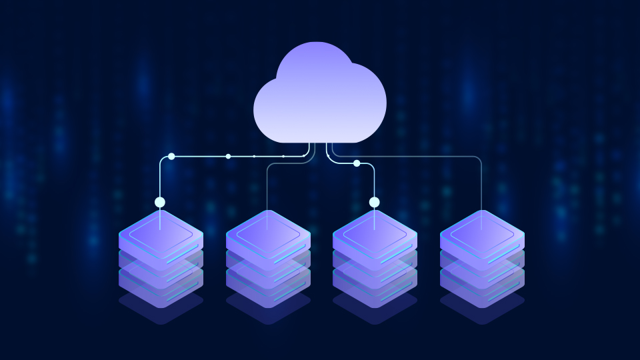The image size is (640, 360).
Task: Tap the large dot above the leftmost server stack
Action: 160,202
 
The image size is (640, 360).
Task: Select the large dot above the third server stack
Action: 374,202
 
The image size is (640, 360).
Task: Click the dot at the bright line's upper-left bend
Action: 171,157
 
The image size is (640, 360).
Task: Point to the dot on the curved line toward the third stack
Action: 357,163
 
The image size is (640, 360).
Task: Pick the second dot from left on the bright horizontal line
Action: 228,157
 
